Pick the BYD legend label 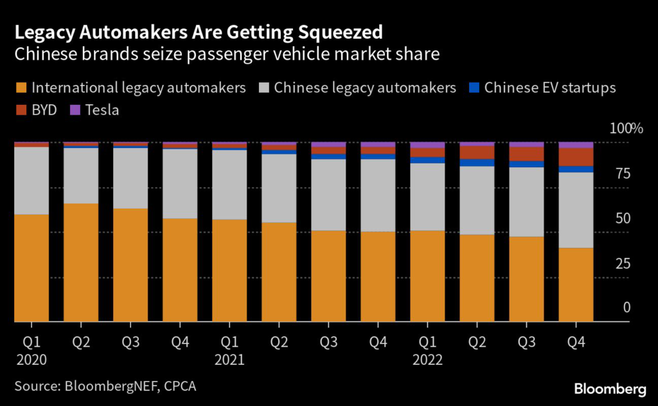coord(44,110)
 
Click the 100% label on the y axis coord(626,129)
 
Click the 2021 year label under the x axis coord(230,360)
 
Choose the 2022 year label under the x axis coord(428,360)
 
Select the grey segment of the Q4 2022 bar coord(576,210)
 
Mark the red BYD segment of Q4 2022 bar coord(576,157)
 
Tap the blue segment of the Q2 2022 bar coord(477,162)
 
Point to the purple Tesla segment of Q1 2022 coord(427,145)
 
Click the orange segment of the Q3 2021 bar coord(328,276)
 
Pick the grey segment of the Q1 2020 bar coord(31,181)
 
